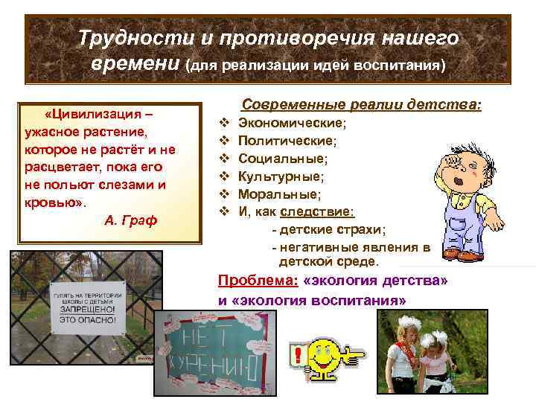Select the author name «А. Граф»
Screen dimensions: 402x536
130,220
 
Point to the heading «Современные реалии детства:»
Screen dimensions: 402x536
362,106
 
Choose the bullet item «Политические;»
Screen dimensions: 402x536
287,141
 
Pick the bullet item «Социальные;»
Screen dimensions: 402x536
283,159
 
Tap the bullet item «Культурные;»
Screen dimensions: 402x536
281,176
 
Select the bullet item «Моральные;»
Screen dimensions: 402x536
279,194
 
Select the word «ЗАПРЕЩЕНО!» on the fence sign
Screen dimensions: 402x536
83,307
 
